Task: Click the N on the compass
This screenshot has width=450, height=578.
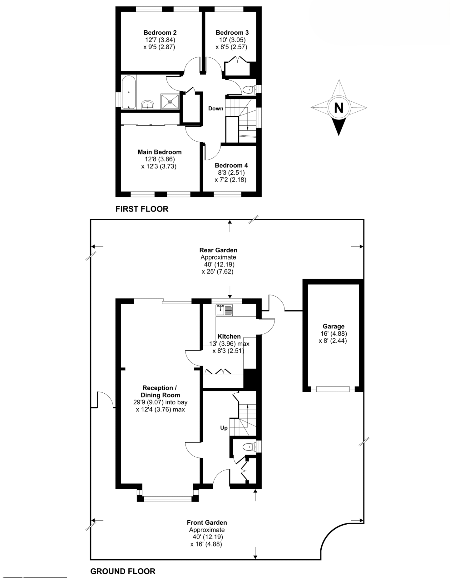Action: [x=339, y=108]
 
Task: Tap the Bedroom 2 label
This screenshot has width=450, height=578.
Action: [x=160, y=32]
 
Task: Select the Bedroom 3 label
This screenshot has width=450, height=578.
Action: [x=232, y=32]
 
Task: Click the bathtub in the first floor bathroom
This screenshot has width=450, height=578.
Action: [x=129, y=92]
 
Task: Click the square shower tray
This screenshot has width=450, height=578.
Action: [x=170, y=101]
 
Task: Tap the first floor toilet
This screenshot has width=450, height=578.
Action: [x=248, y=90]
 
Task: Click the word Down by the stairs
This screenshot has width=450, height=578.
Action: [x=216, y=109]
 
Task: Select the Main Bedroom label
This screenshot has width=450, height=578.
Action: [x=160, y=152]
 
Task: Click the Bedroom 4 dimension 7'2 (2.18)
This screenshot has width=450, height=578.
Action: [x=230, y=180]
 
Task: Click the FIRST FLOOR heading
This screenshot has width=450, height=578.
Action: [x=142, y=209]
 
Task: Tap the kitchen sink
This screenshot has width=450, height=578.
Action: [x=224, y=310]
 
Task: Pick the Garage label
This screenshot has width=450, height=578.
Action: [x=334, y=326]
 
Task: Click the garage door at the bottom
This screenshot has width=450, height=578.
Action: [x=333, y=389]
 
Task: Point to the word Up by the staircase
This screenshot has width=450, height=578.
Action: [x=224, y=428]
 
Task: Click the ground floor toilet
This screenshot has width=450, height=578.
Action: [x=248, y=447]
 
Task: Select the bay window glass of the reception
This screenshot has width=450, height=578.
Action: [x=168, y=499]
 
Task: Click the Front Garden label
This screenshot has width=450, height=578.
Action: [x=207, y=522]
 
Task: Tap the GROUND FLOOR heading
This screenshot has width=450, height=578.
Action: [x=123, y=571]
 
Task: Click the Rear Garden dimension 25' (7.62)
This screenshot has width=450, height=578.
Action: [x=217, y=271]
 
